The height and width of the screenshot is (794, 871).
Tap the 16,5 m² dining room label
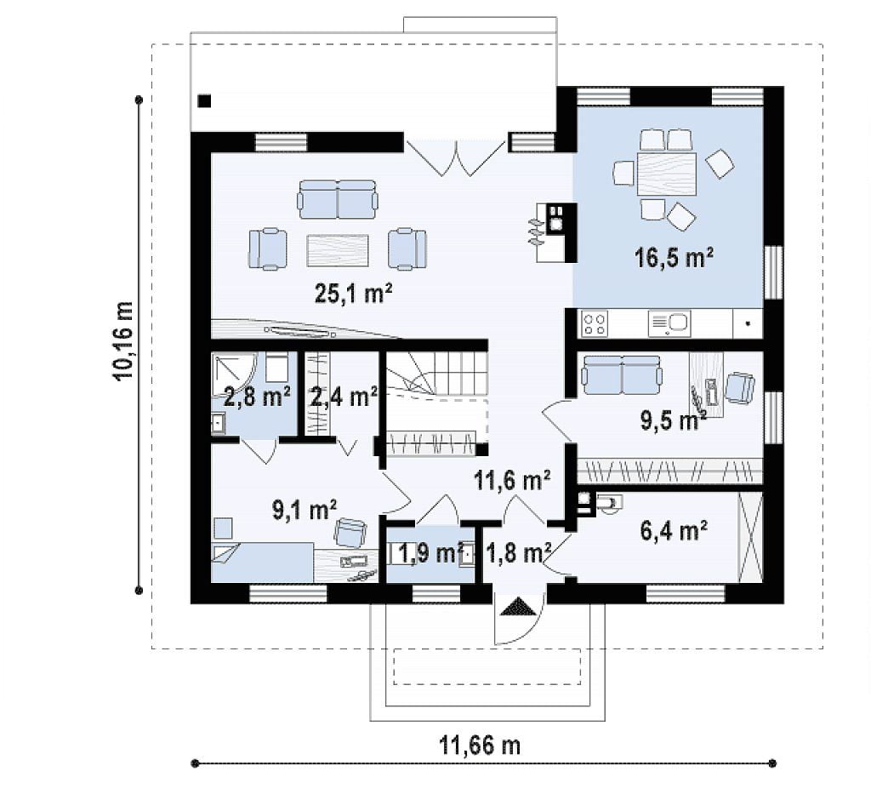click(674, 258)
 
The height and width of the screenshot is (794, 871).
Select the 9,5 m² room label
click(674, 420)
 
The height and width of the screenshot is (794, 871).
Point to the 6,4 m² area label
click(674, 530)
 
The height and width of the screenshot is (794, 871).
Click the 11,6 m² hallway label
click(512, 479)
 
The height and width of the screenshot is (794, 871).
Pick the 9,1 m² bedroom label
click(304, 510)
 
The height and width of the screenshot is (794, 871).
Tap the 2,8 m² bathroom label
click(257, 397)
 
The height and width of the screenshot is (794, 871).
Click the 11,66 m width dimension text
click(480, 745)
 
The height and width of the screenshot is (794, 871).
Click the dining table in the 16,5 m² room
click(667, 174)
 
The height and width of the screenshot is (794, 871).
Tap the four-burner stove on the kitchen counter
click(595, 323)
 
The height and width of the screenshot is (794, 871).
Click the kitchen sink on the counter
click(669, 323)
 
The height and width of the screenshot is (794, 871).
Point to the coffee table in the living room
click(338, 250)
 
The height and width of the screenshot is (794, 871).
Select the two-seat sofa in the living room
click(338, 199)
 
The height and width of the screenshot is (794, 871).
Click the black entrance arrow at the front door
click(519, 606)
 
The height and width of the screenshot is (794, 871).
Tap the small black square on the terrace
click(204, 101)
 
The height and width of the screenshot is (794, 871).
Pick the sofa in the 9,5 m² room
click(622, 372)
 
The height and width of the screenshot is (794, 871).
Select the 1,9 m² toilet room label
click(431, 553)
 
